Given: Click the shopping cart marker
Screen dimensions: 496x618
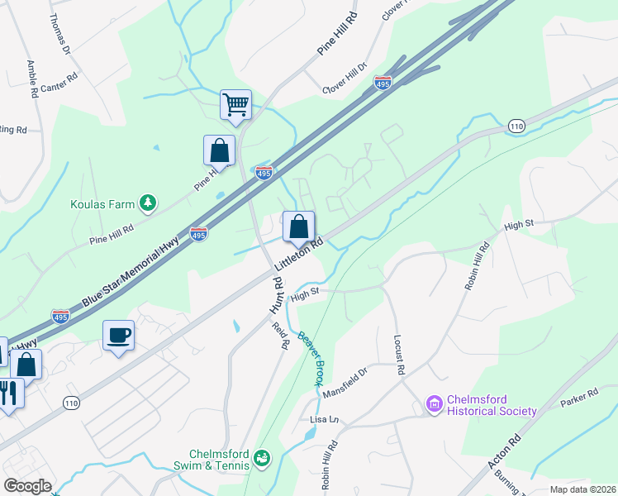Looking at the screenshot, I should (236, 105).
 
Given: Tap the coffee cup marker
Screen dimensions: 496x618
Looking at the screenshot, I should (118, 336).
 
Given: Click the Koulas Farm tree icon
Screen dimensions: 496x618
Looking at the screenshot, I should (148, 202).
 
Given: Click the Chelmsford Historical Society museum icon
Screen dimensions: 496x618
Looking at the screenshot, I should (435, 404).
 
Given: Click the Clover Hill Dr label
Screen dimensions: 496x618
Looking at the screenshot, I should (345, 79).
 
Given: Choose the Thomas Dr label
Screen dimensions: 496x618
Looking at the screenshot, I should (59, 34).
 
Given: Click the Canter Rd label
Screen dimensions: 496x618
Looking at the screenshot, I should (59, 82).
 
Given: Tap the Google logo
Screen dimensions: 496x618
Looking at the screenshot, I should (27, 485).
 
